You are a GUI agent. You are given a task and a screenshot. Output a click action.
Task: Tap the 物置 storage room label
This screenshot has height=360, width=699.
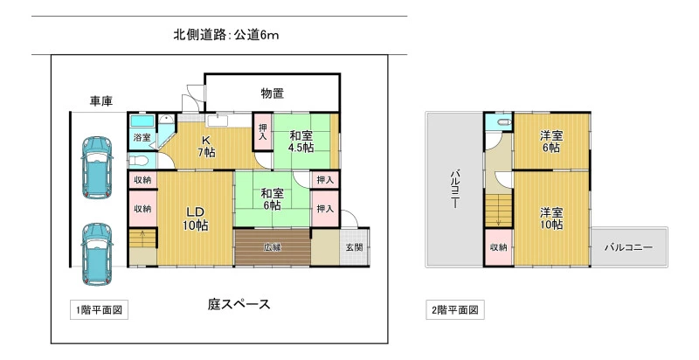(273, 93)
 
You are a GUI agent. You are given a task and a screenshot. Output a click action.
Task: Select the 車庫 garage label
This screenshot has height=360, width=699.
(101, 101)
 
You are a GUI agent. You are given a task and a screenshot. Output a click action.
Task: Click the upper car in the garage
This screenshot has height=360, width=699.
(97, 167)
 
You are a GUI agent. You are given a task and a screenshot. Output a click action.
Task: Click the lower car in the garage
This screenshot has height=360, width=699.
(97, 253)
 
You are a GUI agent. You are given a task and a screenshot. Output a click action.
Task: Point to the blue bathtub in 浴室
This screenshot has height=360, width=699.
(142, 121)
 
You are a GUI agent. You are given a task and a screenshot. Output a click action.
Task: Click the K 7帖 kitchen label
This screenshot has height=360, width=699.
(206, 146)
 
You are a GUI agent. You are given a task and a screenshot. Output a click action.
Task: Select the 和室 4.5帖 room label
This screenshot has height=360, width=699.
(301, 142)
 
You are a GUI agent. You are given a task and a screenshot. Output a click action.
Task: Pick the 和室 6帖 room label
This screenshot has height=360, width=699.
(272, 199)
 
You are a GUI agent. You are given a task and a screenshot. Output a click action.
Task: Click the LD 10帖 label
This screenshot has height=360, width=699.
(195, 218)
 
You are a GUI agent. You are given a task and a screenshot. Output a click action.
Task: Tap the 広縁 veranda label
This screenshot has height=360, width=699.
(272, 248)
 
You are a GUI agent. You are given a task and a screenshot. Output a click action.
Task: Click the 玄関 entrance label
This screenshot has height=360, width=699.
(355, 248)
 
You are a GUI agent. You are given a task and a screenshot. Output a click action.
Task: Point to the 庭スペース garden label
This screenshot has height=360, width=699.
(239, 305)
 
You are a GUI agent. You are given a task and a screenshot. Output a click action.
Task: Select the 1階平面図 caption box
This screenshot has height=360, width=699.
(99, 310)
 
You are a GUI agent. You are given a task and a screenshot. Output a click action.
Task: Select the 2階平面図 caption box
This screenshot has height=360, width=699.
(454, 310)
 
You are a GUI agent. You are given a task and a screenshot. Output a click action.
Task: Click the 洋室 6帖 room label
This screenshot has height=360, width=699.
(551, 142)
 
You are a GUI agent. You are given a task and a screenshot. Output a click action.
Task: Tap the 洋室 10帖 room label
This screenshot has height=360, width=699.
(551, 218)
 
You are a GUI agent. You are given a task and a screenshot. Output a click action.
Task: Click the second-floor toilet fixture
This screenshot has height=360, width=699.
(505, 122)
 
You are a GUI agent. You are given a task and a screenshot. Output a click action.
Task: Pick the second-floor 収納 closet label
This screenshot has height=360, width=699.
(498, 247)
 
